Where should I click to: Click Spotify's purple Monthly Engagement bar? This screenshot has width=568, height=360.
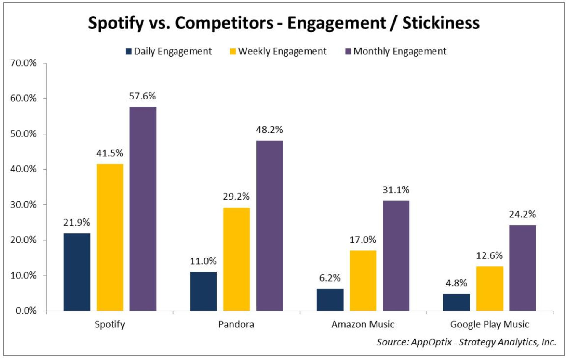pos(143,209)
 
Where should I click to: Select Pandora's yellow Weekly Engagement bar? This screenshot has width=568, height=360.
pos(236,259)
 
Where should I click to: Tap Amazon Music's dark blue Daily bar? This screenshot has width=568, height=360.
pos(330,300)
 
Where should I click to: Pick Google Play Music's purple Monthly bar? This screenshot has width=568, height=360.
pos(522,268)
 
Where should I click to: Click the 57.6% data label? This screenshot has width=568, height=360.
pos(142,96)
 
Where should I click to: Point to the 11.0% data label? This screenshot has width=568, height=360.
pos(203,261)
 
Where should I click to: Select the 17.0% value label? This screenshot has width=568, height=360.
pos(363,240)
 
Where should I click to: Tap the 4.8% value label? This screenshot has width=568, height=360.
pos(456,283)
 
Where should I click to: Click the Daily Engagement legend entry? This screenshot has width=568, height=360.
pos(169,51)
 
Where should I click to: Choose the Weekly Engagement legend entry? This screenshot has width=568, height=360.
pos(278,51)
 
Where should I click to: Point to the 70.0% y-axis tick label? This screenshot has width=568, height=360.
pos(23,63)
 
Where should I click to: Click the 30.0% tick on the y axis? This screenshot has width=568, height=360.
pos(23,205)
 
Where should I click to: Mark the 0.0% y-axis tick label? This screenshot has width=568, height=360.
pos(26,311)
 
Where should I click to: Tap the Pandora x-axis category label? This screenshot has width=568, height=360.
pos(236,324)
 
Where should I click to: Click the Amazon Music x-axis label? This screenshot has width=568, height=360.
pos(363,324)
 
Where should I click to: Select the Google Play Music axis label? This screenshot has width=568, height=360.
pos(489,324)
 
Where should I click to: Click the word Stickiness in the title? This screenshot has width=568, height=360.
pos(441,23)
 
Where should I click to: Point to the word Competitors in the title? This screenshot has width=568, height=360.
pos(224,23)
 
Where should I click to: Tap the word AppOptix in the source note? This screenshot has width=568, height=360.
pos(431,342)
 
